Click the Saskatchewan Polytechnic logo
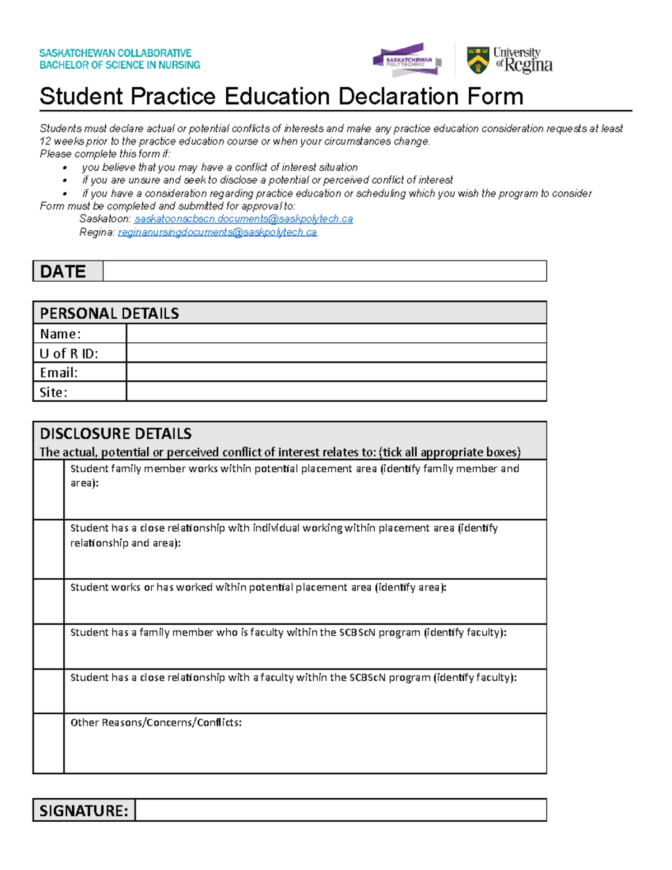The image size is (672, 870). coord(407,60)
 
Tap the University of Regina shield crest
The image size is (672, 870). coord(478,61)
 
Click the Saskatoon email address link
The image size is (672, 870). coord(244,219)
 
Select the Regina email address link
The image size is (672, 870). coord(217,232)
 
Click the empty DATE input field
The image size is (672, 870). coord(324,271)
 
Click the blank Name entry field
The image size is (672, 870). coord(336,334)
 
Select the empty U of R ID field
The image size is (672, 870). coord(336,353)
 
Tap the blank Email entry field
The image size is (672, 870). coord(336,373)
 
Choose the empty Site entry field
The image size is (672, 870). coord(336,392)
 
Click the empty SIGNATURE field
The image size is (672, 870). coord(340,810)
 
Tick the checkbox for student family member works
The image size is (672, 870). coord(49,490)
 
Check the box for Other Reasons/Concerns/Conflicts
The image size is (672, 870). coord(49,743)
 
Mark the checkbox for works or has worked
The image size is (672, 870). coord(49,602)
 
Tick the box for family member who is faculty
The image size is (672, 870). coord(49,646)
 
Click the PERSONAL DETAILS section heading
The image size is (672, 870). coord(110,313)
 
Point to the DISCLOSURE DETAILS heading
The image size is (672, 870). coord(116,434)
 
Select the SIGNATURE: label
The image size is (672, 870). coord(84,811)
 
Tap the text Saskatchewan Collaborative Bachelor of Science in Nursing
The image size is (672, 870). coord(119,59)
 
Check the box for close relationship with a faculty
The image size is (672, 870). coord(49,691)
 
